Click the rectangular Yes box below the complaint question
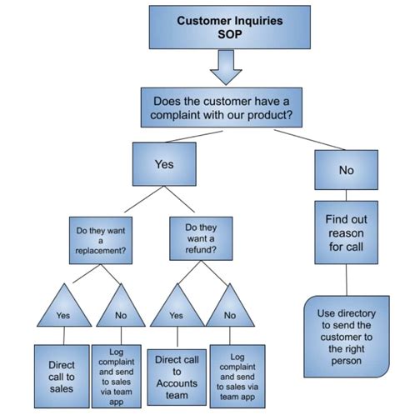pos(163,165)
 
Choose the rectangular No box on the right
pos(346,169)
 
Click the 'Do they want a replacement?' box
pos(100,238)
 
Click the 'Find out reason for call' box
pos(346,231)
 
